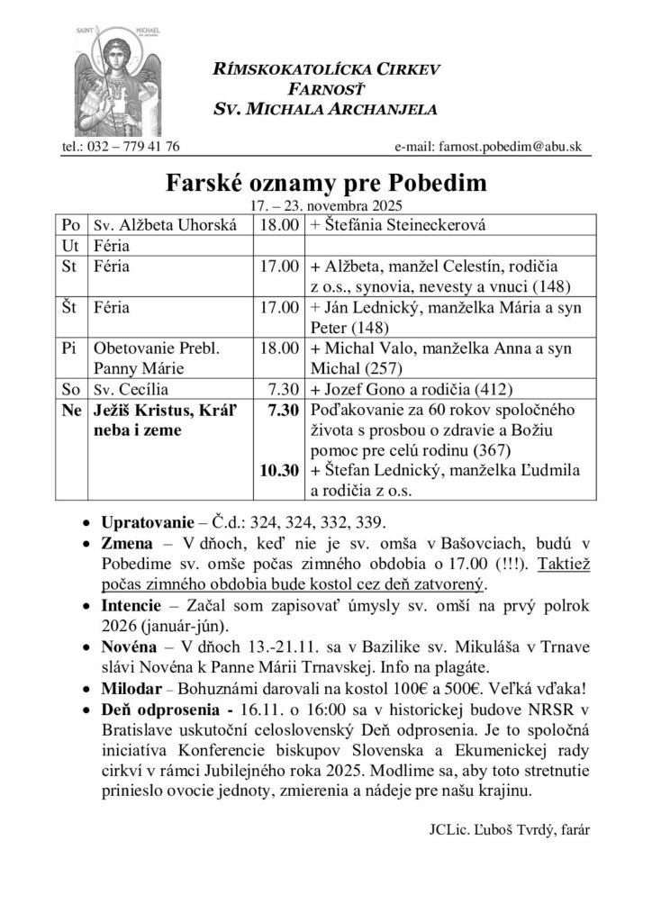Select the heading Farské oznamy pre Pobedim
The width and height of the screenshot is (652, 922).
tap(326, 184)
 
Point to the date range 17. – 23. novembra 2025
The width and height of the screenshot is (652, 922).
tap(325, 205)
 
